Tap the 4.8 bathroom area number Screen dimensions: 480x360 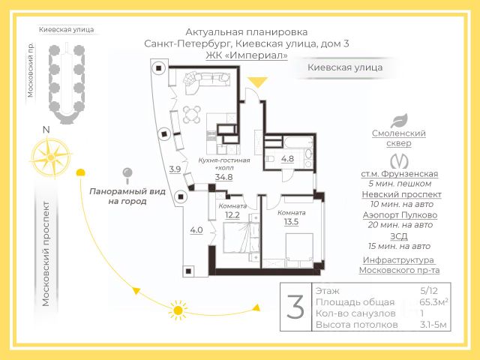pos(287,159)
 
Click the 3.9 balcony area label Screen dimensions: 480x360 pos(174,169)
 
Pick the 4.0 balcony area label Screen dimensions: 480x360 pos(196,230)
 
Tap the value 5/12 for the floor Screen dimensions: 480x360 pos(430,289)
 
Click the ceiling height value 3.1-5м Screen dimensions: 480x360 pos(433,325)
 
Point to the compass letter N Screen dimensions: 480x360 pos(46,130)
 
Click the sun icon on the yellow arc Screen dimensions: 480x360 pos(178,308)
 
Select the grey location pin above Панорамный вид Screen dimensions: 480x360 pos(127,175)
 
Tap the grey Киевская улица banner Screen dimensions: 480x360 pos(345,67)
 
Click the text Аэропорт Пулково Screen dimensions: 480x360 pos(398,214)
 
